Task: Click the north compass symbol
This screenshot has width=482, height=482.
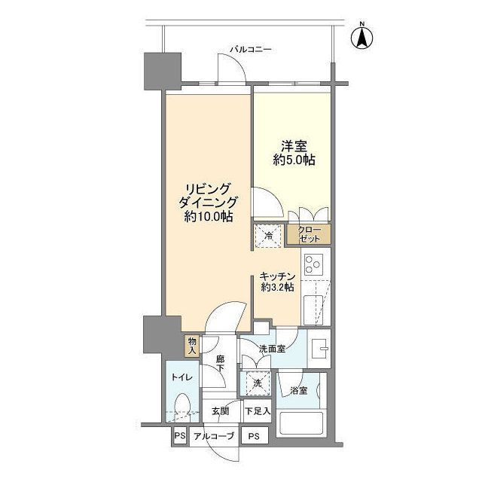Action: [x=362, y=37]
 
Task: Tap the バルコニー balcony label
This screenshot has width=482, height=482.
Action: [x=251, y=49]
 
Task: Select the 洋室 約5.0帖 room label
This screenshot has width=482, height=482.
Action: [x=294, y=153]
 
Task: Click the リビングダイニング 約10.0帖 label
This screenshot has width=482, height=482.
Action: [x=208, y=203]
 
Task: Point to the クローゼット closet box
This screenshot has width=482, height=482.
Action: [x=309, y=234]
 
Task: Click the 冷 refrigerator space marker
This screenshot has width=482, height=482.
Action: [x=268, y=236]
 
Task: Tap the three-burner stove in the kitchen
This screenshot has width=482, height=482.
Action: [x=313, y=264]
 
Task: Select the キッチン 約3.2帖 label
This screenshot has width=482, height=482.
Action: [x=277, y=282]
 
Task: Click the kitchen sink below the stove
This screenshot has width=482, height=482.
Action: [x=313, y=310]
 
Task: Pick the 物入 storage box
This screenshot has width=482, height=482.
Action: [x=192, y=346]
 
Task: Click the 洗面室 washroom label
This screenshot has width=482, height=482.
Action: [x=272, y=349]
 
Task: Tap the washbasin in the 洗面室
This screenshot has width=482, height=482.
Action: [x=319, y=349]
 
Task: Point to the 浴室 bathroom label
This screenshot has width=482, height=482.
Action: [x=298, y=391]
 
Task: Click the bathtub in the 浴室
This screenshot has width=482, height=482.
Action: [x=301, y=423]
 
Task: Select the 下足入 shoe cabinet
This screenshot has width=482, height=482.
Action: [x=258, y=411]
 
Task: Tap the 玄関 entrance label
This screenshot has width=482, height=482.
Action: [x=220, y=411]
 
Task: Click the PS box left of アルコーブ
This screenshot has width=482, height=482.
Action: [x=180, y=435]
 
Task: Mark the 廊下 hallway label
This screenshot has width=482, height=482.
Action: [x=220, y=363]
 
